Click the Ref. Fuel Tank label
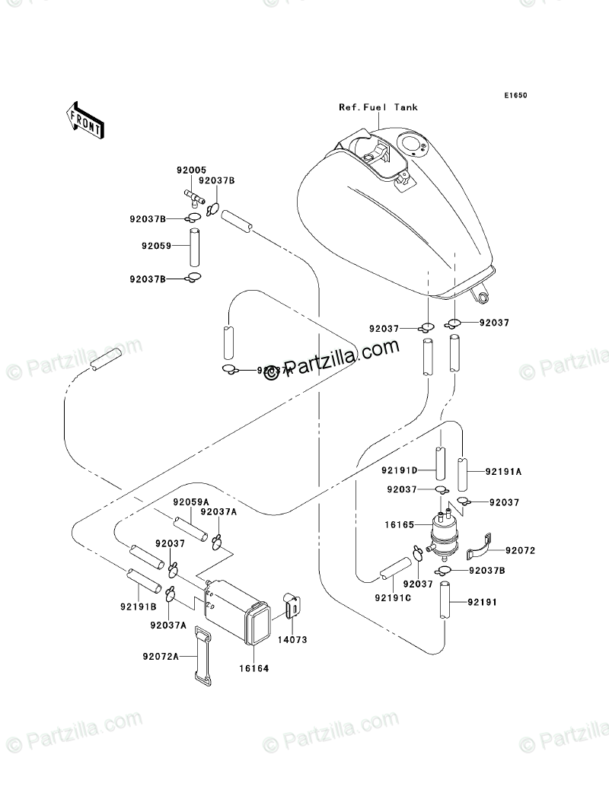click(x=378, y=107)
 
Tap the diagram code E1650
click(x=515, y=96)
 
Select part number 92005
click(x=182, y=170)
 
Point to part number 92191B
click(x=138, y=607)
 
